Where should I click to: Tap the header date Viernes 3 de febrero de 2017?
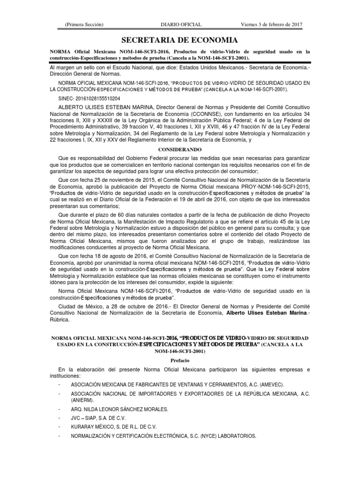[x=273, y=24]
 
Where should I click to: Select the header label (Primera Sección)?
[x=84, y=24]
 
